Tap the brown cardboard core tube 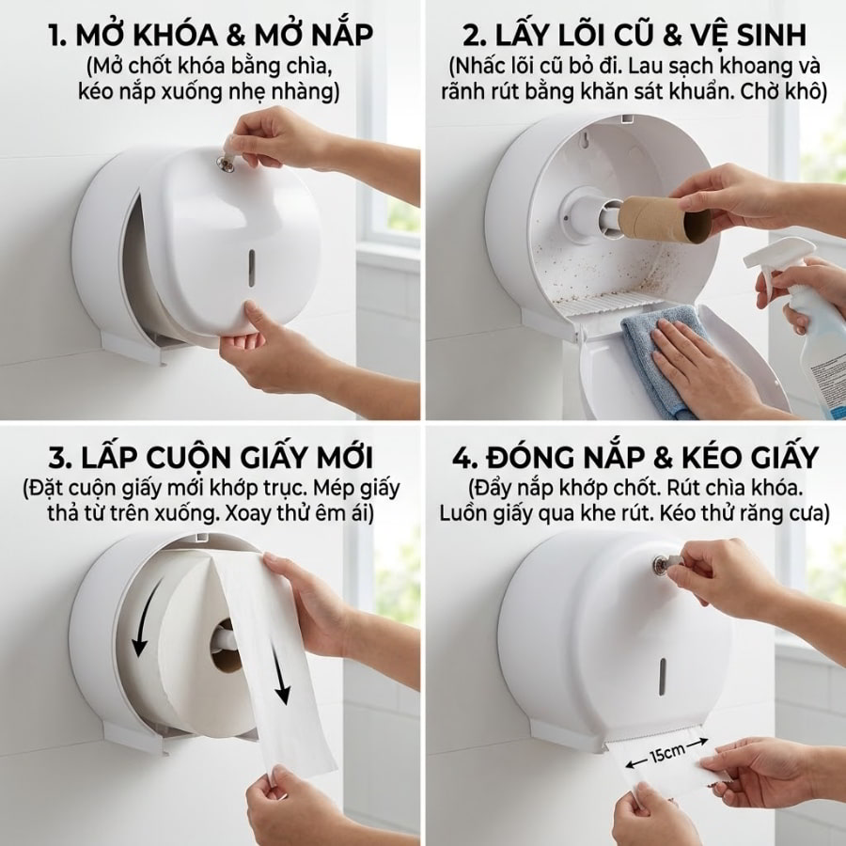tap(664, 219)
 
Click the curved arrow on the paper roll tap(147, 616)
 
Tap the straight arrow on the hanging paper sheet tap(280, 674)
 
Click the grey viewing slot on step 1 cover tap(251, 268)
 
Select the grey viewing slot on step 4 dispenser tap(662, 677)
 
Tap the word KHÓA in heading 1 tap(174, 36)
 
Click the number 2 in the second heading tap(472, 36)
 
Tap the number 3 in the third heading tap(57, 458)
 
